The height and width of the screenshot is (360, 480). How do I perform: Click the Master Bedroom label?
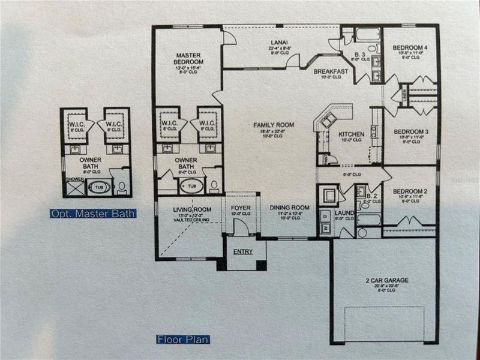[x=187, y=59]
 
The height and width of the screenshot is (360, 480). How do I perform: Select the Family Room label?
[x=273, y=125]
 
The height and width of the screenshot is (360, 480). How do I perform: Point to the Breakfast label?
[x=331, y=71]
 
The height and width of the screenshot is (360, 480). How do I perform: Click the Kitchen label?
[x=350, y=134]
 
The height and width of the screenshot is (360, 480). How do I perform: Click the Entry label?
[x=243, y=251]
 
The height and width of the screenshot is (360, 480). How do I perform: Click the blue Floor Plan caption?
[x=183, y=340]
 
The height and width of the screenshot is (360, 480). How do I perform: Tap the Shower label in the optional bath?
[x=74, y=179]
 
